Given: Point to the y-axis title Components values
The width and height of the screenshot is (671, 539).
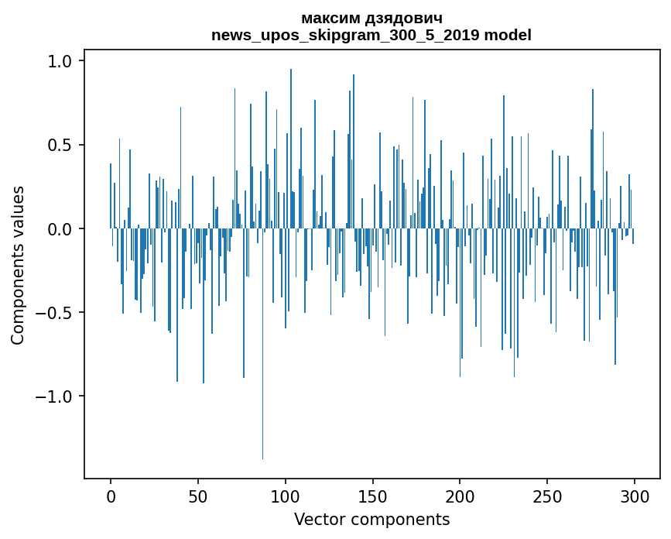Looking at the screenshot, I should [18, 265].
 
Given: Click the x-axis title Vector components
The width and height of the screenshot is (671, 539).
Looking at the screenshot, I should [371, 519].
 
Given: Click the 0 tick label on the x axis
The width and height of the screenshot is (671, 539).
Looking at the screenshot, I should [111, 496].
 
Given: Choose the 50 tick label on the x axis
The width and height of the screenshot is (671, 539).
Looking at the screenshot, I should [198, 496].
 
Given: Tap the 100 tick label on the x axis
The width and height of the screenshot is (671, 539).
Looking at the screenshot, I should [286, 496].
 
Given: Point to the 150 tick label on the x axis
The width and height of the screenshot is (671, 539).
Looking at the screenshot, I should [373, 496].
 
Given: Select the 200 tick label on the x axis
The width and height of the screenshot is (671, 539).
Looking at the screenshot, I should [460, 496].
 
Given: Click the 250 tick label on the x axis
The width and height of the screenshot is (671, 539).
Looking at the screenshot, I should [548, 496].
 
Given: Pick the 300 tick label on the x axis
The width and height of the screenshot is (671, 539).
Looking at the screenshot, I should [635, 496].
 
